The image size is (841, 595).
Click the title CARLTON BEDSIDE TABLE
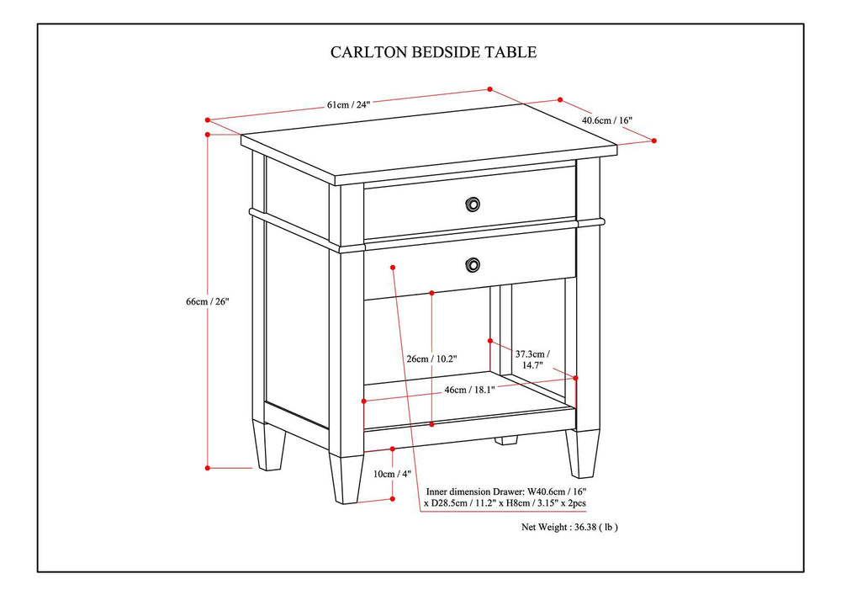(x=433, y=52)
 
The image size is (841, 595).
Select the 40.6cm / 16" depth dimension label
(x=606, y=120)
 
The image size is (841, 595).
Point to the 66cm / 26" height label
(x=208, y=301)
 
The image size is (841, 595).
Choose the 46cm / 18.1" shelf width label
(x=468, y=390)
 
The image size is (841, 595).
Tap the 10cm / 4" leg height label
(x=394, y=474)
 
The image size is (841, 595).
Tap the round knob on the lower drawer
(x=473, y=265)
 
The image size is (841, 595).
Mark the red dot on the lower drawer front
(x=394, y=268)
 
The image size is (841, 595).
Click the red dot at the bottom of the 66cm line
(x=208, y=467)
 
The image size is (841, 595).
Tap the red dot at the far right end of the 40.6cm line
(x=654, y=141)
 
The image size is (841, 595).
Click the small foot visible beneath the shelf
(x=505, y=439)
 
